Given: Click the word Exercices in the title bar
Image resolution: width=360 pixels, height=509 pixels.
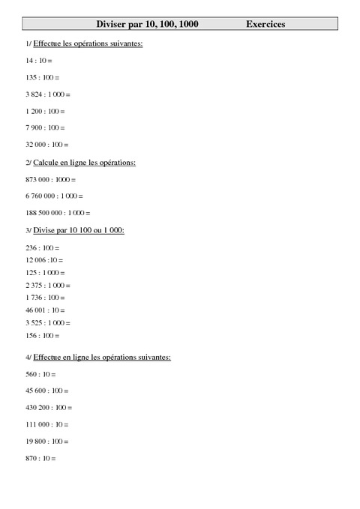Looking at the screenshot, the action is point(265,25).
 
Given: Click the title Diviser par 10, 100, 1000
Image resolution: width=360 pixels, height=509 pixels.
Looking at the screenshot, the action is point(147,25).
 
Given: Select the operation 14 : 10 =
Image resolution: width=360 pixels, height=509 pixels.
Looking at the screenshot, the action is point(38,59).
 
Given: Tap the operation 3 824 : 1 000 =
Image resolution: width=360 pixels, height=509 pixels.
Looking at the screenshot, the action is point(48,94).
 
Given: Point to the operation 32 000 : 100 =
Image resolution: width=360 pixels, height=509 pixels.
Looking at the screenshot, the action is point(46,145).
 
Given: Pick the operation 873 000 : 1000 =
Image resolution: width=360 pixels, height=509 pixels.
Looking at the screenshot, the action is point(50,180).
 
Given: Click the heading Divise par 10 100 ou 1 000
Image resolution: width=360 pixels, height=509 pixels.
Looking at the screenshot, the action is point(79,230).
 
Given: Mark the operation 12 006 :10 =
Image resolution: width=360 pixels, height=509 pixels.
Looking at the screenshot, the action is point(44,259).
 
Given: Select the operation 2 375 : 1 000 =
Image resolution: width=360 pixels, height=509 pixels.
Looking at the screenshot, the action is point(48,285).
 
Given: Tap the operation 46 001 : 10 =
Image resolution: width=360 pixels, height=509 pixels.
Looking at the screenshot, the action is point(45,310).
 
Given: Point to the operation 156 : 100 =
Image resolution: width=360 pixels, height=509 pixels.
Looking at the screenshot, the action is point(42,336).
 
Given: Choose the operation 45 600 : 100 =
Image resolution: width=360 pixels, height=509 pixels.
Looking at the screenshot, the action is point(46,390).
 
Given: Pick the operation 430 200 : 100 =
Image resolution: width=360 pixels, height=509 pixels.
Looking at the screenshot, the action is point(49,407).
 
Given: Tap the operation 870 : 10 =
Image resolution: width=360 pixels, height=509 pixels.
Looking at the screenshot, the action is point(40,458).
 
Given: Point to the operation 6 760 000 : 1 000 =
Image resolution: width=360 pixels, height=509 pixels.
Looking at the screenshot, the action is point(54,196).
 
